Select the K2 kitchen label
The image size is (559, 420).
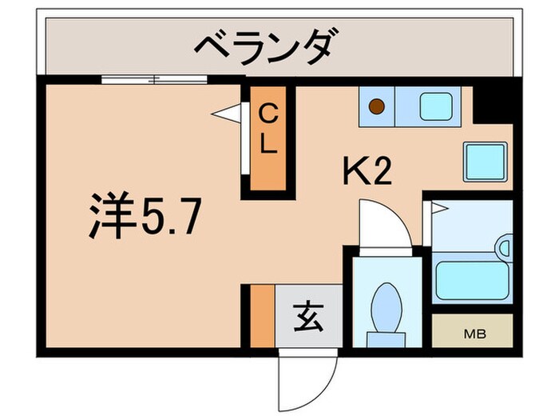click(x=367, y=170)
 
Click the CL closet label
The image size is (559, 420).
click(x=268, y=132)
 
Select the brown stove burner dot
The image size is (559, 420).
click(x=377, y=104)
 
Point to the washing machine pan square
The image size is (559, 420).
click(x=486, y=161)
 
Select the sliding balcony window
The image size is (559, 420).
click(x=154, y=78)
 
